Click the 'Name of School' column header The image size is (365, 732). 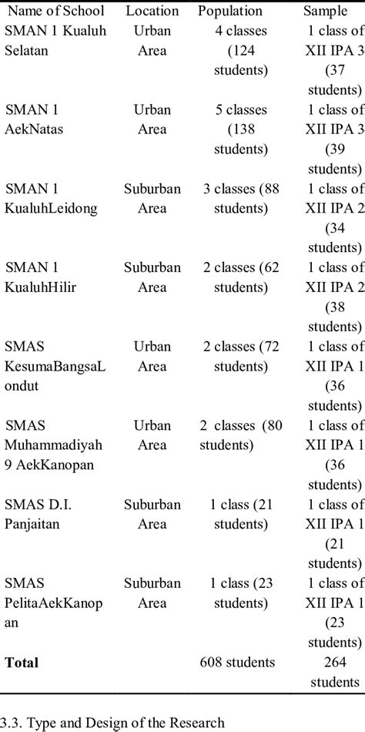(55, 11)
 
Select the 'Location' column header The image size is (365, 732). (152, 11)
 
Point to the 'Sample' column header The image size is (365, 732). (325, 11)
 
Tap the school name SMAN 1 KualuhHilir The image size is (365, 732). (42, 277)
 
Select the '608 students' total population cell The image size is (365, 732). (236, 662)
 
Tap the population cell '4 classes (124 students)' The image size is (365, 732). (241, 51)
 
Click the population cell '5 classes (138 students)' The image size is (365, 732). (241, 129)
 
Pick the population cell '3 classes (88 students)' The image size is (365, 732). (241, 198)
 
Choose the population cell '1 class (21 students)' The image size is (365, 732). (241, 514)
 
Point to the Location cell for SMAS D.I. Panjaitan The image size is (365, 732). (152, 514)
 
